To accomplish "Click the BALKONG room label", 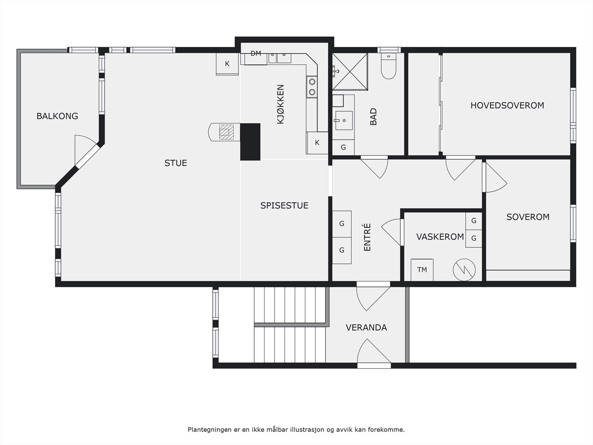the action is (x=57, y=116).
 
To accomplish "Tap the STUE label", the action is (x=176, y=163).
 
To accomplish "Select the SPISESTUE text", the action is (x=284, y=205).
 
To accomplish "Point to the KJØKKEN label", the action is (x=281, y=104).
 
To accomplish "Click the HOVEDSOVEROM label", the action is (x=507, y=105).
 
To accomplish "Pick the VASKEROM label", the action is (x=440, y=237).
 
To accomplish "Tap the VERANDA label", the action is (x=366, y=328).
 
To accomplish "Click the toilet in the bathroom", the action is (x=388, y=66).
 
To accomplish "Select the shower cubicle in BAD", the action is (x=350, y=72).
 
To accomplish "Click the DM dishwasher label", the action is (x=256, y=53).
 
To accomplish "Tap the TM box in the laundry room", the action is (x=422, y=270).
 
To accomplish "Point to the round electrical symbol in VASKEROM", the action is (x=464, y=270).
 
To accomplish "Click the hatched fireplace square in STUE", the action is (x=226, y=132).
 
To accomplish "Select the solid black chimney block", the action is (x=250, y=142).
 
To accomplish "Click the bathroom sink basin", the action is (x=344, y=121).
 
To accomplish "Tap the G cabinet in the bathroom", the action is (x=343, y=148).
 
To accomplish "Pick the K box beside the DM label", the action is (x=227, y=64).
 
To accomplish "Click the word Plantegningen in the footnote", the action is (x=206, y=429).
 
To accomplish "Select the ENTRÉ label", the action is (x=367, y=237).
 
